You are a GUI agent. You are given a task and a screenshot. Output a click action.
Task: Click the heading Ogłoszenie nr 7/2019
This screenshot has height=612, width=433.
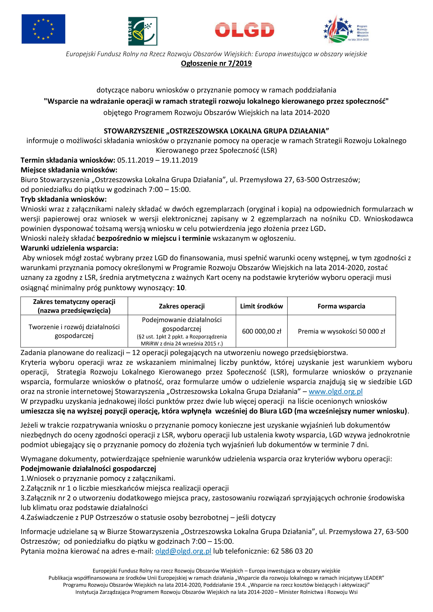[216, 64]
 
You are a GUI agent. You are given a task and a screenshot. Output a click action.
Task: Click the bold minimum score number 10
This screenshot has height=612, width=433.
[180, 288]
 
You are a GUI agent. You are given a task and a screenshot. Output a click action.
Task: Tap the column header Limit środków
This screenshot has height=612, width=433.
[261, 306]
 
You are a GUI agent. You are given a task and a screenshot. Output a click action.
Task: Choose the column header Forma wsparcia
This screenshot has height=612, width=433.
[341, 306]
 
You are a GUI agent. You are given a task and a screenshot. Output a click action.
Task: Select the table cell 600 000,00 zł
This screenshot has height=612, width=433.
[261, 331]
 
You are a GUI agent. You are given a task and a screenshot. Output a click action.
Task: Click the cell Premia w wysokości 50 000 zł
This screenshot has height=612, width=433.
[341, 331]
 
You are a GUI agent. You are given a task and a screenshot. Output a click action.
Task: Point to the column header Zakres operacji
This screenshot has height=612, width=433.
[182, 306]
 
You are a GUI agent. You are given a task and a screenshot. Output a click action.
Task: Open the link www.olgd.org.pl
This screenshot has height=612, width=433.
[335, 391]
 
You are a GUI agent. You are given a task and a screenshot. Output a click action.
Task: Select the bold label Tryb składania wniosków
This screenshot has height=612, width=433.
[64, 199]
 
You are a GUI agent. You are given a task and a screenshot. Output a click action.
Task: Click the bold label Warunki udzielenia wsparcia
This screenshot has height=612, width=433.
[69, 248]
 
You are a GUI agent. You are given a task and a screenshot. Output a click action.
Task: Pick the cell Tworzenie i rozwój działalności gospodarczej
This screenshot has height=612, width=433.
[74, 331]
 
